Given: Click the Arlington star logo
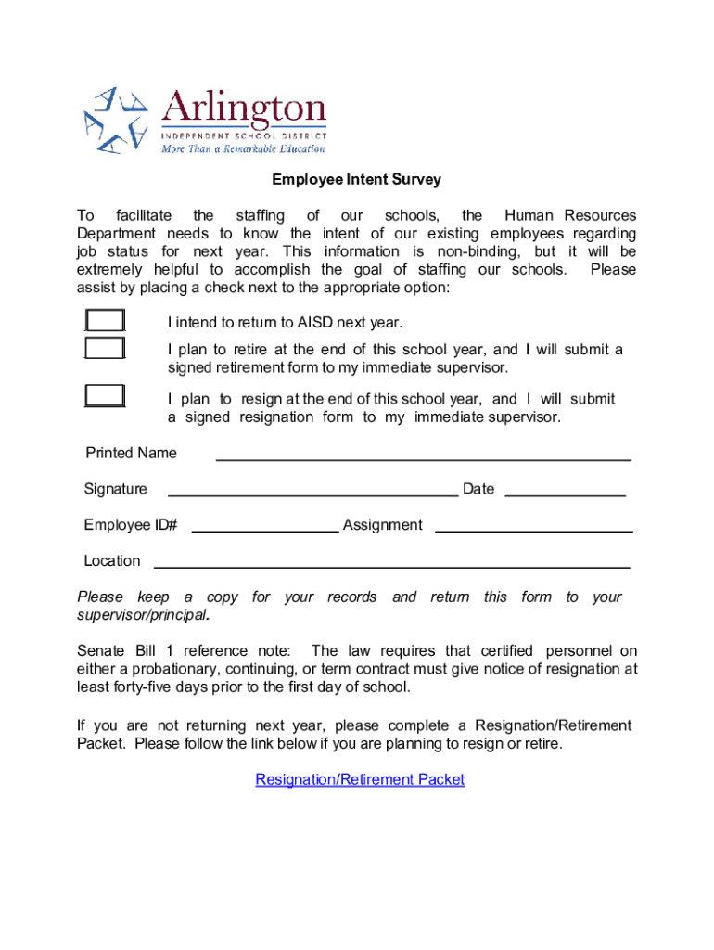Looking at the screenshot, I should pyautogui.click(x=117, y=120).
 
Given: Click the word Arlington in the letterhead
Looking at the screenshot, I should pyautogui.click(x=244, y=111).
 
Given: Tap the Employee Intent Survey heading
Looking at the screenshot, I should pyautogui.click(x=356, y=180).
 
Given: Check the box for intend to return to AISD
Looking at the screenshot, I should pyautogui.click(x=105, y=321).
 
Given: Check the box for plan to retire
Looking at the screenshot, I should pyautogui.click(x=105, y=349).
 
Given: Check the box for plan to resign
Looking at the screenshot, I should pyautogui.click(x=105, y=396).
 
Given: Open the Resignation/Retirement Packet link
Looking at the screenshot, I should pyautogui.click(x=360, y=780).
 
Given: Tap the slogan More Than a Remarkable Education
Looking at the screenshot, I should pyautogui.click(x=244, y=148).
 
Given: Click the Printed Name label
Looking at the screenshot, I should pyautogui.click(x=131, y=454).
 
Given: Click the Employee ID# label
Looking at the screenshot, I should pyautogui.click(x=131, y=525).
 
